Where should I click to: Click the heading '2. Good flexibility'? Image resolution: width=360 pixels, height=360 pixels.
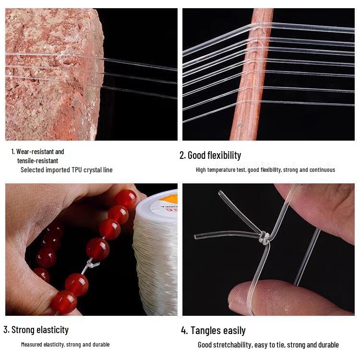(x=210, y=155)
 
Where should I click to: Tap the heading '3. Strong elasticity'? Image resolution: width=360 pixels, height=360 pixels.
(x=36, y=330)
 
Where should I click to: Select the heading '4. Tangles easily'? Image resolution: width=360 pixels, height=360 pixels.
(x=213, y=331)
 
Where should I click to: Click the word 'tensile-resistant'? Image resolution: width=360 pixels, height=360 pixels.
(x=37, y=161)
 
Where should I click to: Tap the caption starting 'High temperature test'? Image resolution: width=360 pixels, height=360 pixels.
(x=265, y=170)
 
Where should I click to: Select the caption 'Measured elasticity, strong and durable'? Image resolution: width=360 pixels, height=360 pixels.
(x=65, y=345)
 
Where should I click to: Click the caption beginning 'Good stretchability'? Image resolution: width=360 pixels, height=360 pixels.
(x=268, y=345)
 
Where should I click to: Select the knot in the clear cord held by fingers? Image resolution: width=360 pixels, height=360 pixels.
(x=264, y=237)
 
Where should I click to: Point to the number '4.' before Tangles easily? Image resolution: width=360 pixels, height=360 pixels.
(x=185, y=331)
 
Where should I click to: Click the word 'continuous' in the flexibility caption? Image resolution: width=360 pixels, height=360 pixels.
(x=323, y=170)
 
